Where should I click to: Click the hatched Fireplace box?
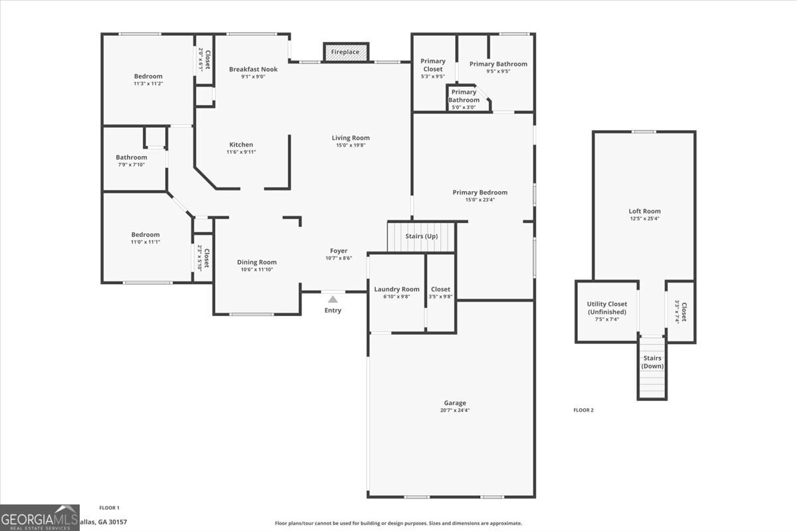pos(345,52)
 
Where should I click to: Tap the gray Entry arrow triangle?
pos(333,299)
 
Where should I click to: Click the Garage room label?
pos(455,403)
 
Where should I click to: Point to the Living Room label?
pos(351,138)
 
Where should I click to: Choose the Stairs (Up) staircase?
pos(422,237)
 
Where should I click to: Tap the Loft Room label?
pos(644,211)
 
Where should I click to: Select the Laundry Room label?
pos(397,289)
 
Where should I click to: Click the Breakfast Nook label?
pos(253,69)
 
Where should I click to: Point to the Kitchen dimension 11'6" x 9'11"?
pos(241,152)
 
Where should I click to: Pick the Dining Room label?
pos(256,262)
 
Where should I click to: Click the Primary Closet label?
pos(432,65)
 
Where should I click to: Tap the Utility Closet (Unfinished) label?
pos(606,308)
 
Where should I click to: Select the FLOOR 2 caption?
pos(583,410)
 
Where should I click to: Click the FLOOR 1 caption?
pos(109,507)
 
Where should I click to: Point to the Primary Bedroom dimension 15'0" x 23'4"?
pos(480,200)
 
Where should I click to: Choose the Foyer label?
pos(339,251)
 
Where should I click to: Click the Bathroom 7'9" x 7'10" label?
pos(131,158)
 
